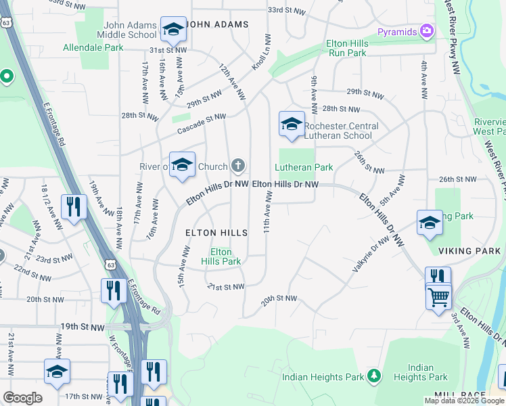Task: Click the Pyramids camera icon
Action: click(x=426, y=30)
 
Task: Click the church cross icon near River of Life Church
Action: click(x=238, y=165)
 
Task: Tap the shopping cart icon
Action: click(x=438, y=296)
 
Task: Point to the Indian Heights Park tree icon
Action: click(x=373, y=376)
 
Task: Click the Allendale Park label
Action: click(x=93, y=47)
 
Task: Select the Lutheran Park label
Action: click(x=304, y=167)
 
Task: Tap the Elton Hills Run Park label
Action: click(x=346, y=47)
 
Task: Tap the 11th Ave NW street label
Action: click(x=269, y=212)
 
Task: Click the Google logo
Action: click(x=22, y=398)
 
